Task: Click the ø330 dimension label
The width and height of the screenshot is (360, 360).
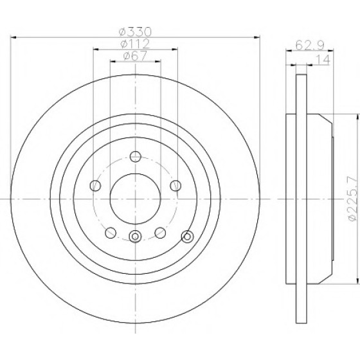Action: click(x=136, y=32)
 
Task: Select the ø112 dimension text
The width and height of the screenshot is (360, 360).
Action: click(x=135, y=44)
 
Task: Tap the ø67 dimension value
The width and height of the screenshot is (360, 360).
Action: click(x=135, y=56)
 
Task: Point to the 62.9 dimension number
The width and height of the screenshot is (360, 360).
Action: click(x=309, y=45)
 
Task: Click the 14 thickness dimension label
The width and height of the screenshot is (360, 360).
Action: click(x=323, y=59)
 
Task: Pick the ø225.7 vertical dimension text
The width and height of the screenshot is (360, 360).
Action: click(x=352, y=199)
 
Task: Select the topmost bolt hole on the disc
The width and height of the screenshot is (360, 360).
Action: click(x=135, y=157)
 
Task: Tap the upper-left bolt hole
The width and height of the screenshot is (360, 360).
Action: click(x=95, y=186)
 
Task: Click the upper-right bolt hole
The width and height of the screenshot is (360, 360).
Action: click(x=175, y=186)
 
